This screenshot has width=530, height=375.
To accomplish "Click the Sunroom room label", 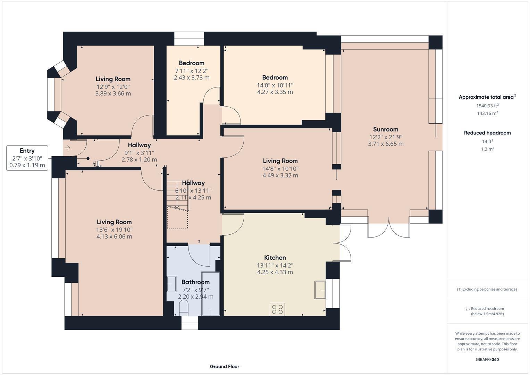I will click(x=386, y=130).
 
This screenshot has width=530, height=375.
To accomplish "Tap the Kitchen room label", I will click(x=275, y=258).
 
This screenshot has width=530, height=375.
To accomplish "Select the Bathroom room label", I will click(x=195, y=282).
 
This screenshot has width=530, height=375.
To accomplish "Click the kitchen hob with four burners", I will click(x=277, y=309).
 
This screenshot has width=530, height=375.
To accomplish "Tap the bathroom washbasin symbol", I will click(x=171, y=284).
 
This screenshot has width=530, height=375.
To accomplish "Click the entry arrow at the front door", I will click(x=67, y=148).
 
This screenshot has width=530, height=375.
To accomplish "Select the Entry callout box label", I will click(x=27, y=151).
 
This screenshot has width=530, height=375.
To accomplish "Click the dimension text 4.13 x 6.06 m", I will click(x=114, y=237).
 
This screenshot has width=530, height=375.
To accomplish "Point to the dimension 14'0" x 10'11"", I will click(x=275, y=85).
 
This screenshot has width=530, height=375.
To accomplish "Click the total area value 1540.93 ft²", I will click(x=487, y=106).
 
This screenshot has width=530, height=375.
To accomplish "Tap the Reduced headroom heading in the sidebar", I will click(x=487, y=133).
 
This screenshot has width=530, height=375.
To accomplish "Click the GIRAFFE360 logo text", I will click(x=487, y=359).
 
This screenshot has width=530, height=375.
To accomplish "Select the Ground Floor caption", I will click(x=224, y=366).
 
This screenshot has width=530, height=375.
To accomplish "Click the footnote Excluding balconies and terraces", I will click(x=487, y=289).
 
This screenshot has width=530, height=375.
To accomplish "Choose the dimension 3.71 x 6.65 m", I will click(x=386, y=144).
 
